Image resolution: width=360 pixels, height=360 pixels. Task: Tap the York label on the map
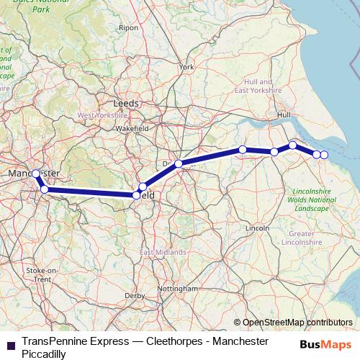pyautogui.click(x=187, y=67)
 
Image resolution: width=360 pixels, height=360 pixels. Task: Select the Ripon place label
pyautogui.click(x=129, y=27)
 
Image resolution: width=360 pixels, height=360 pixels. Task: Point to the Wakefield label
pyautogui.click(x=132, y=129)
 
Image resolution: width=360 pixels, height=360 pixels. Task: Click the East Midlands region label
pyautogui.click(x=163, y=253)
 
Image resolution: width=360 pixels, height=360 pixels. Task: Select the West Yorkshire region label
pyautogui.click(x=102, y=114)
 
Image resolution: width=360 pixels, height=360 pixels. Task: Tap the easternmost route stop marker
pyautogui.click(x=324, y=155)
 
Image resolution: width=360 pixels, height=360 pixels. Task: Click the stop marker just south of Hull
pyautogui.click(x=293, y=145)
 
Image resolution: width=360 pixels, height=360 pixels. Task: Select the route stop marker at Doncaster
pyautogui.click(x=179, y=163)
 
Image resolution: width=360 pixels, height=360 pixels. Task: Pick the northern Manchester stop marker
pyautogui.click(x=36, y=174)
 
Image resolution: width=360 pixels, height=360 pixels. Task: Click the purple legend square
pyautogui.click(x=9, y=344)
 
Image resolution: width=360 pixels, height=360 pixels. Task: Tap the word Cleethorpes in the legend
pyautogui.click(x=163, y=341)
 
